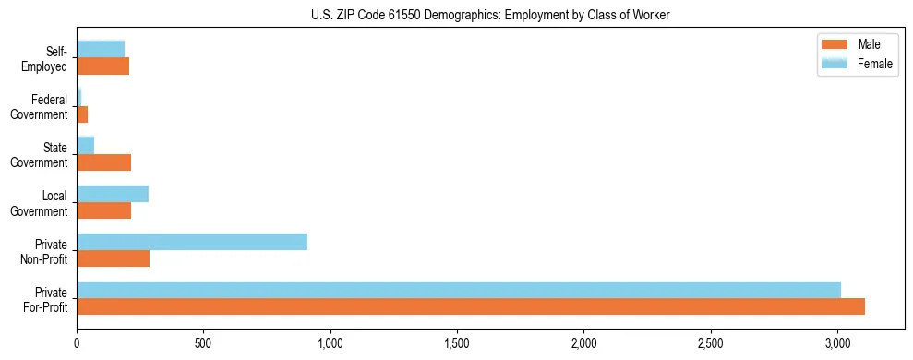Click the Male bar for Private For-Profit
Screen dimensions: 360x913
[x=471, y=306]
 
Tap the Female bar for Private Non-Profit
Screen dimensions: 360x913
[x=192, y=242]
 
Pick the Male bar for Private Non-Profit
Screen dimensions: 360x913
[x=114, y=258]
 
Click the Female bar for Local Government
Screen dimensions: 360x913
[x=113, y=194]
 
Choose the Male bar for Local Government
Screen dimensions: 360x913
[x=104, y=210]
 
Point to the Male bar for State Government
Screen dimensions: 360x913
[x=104, y=162]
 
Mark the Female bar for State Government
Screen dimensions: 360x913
[x=86, y=145]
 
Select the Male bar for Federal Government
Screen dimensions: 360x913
[x=82, y=114]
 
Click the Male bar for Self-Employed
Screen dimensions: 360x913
[x=103, y=66]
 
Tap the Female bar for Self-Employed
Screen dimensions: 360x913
[x=101, y=49]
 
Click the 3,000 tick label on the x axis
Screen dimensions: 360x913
[x=837, y=342]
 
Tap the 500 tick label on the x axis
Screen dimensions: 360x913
[x=203, y=342]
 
